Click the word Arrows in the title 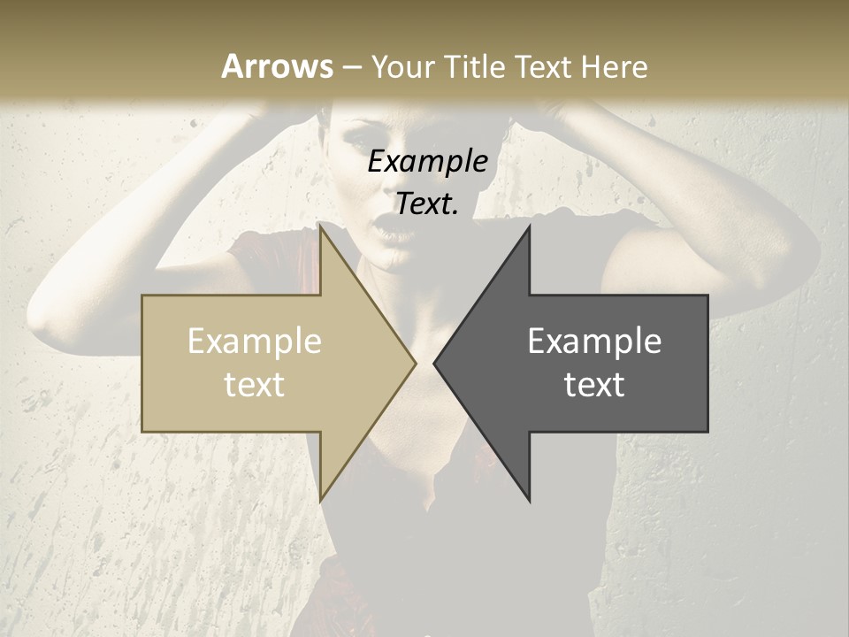pos(277,66)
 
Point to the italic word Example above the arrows pos(427,162)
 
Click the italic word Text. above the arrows pos(427,204)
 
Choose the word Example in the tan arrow pos(254,341)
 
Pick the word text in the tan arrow pos(254,384)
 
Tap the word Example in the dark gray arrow pos(594,341)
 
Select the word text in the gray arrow pos(594,384)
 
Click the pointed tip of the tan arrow pos(414,363)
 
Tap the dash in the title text pos(351,67)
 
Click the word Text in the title pos(544,66)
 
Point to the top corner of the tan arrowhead pos(321,227)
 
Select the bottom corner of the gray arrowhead pos(529,500)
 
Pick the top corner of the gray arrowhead pos(529,227)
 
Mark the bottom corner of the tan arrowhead pos(321,500)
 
